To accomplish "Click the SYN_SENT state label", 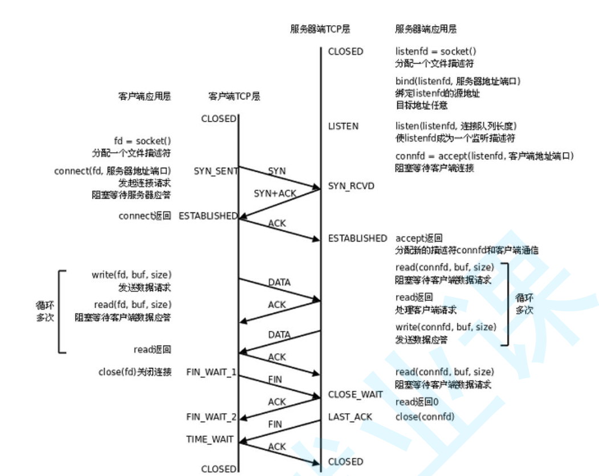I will pyautogui.click(x=216, y=171).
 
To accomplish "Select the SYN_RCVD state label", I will pyautogui.click(x=351, y=186).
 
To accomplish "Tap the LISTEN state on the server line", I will pyautogui.click(x=343, y=126).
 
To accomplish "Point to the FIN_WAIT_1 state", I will pyautogui.click(x=211, y=372).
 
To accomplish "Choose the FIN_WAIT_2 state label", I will pyautogui.click(x=211, y=417).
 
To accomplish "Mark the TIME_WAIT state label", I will pyautogui.click(x=210, y=440).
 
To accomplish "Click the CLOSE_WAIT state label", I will pyautogui.click(x=354, y=394).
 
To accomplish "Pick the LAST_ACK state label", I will pyautogui.click(x=350, y=417).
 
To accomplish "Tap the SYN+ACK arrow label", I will pyautogui.click(x=275, y=194).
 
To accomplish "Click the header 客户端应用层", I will pyautogui.click(x=144, y=96).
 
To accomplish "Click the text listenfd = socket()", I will pyautogui.click(x=436, y=51).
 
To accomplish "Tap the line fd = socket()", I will pyautogui.click(x=142, y=141).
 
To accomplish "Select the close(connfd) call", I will pyautogui.click(x=425, y=417).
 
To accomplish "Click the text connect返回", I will pyautogui.click(x=144, y=216).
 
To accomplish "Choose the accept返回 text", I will pyautogui.click(x=419, y=238).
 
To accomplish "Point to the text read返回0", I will pyautogui.click(x=417, y=402).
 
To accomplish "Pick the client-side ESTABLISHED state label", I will pyautogui.click(x=207, y=216).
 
